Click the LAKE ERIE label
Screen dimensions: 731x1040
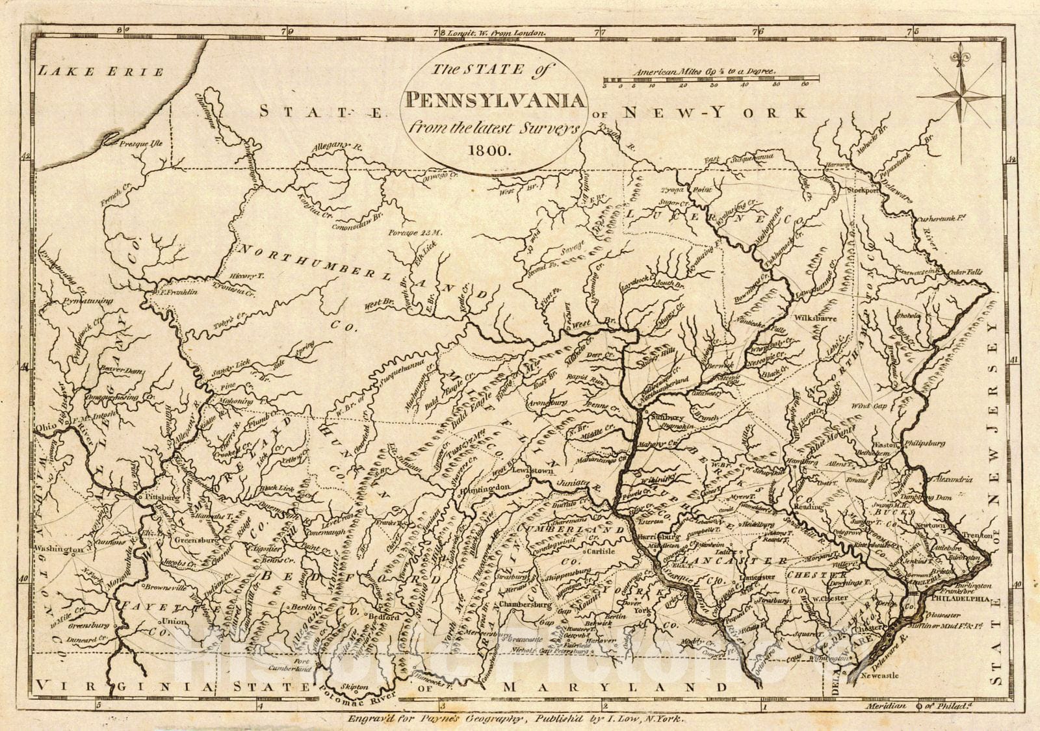tap(101, 71)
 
